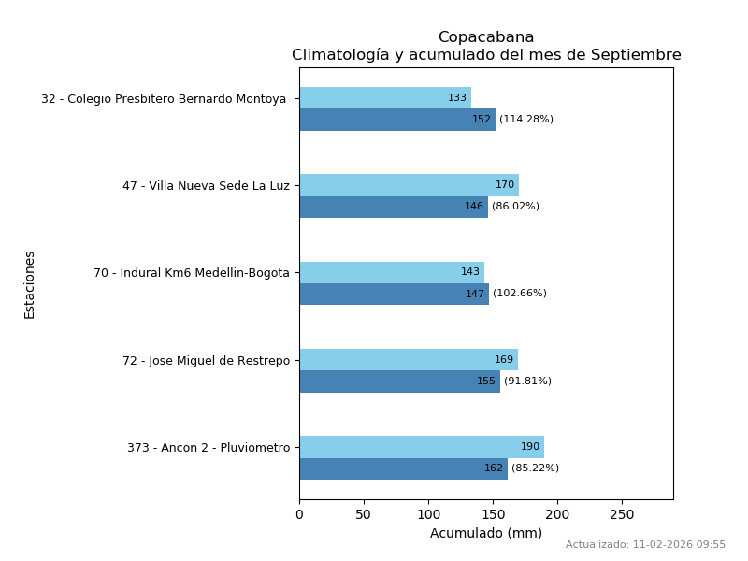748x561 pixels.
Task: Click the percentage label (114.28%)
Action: point(526,120)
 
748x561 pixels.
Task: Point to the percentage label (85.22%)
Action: point(535,468)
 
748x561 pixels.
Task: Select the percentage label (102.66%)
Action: point(520,294)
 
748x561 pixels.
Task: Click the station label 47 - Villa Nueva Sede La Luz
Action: point(206,186)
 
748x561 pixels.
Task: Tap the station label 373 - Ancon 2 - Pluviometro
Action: point(209,448)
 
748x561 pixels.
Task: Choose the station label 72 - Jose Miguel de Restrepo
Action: point(206,361)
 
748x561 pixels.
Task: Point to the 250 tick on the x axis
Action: point(622,514)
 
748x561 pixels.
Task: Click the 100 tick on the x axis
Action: point(428,514)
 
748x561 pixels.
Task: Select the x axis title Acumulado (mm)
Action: point(486,533)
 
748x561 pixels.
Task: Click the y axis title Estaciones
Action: point(30,284)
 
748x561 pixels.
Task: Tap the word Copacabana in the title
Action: point(486,37)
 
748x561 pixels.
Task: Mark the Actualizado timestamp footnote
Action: point(645,544)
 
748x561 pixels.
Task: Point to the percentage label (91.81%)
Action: point(527,381)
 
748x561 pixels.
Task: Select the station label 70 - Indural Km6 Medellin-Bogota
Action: point(192,273)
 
